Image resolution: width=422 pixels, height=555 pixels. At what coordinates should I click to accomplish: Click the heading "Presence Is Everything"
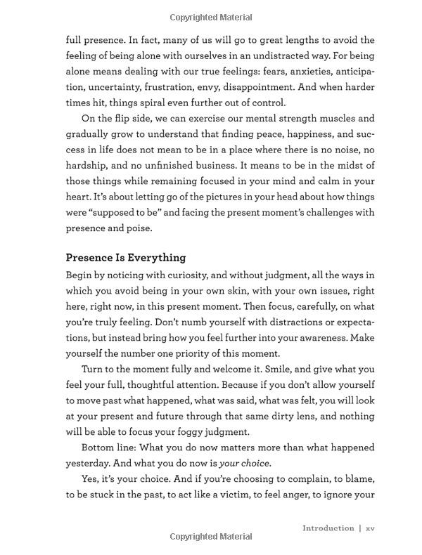pyautogui.click(x=126, y=258)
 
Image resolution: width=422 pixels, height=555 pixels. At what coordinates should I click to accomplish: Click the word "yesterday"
pyautogui.click(x=92, y=463)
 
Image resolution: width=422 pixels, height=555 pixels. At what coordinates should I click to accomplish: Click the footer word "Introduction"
pyautogui.click(x=328, y=528)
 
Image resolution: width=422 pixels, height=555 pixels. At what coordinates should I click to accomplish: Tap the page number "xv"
pyautogui.click(x=370, y=528)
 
